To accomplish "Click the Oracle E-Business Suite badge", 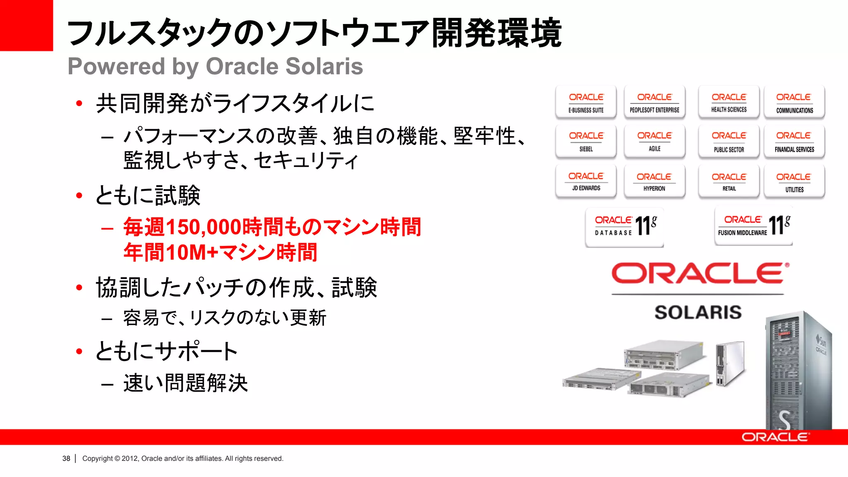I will click(586, 102).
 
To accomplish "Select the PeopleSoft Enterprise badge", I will click(654, 102).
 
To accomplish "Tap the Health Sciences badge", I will click(729, 102).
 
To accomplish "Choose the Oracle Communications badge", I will click(794, 102).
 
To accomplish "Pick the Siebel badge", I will click(586, 141).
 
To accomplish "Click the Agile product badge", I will click(654, 141).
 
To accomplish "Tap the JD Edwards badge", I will click(586, 181).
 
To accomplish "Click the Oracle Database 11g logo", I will click(625, 226).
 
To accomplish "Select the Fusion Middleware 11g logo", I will click(754, 226).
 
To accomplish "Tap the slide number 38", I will click(66, 458).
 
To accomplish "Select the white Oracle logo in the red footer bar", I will click(775, 437).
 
